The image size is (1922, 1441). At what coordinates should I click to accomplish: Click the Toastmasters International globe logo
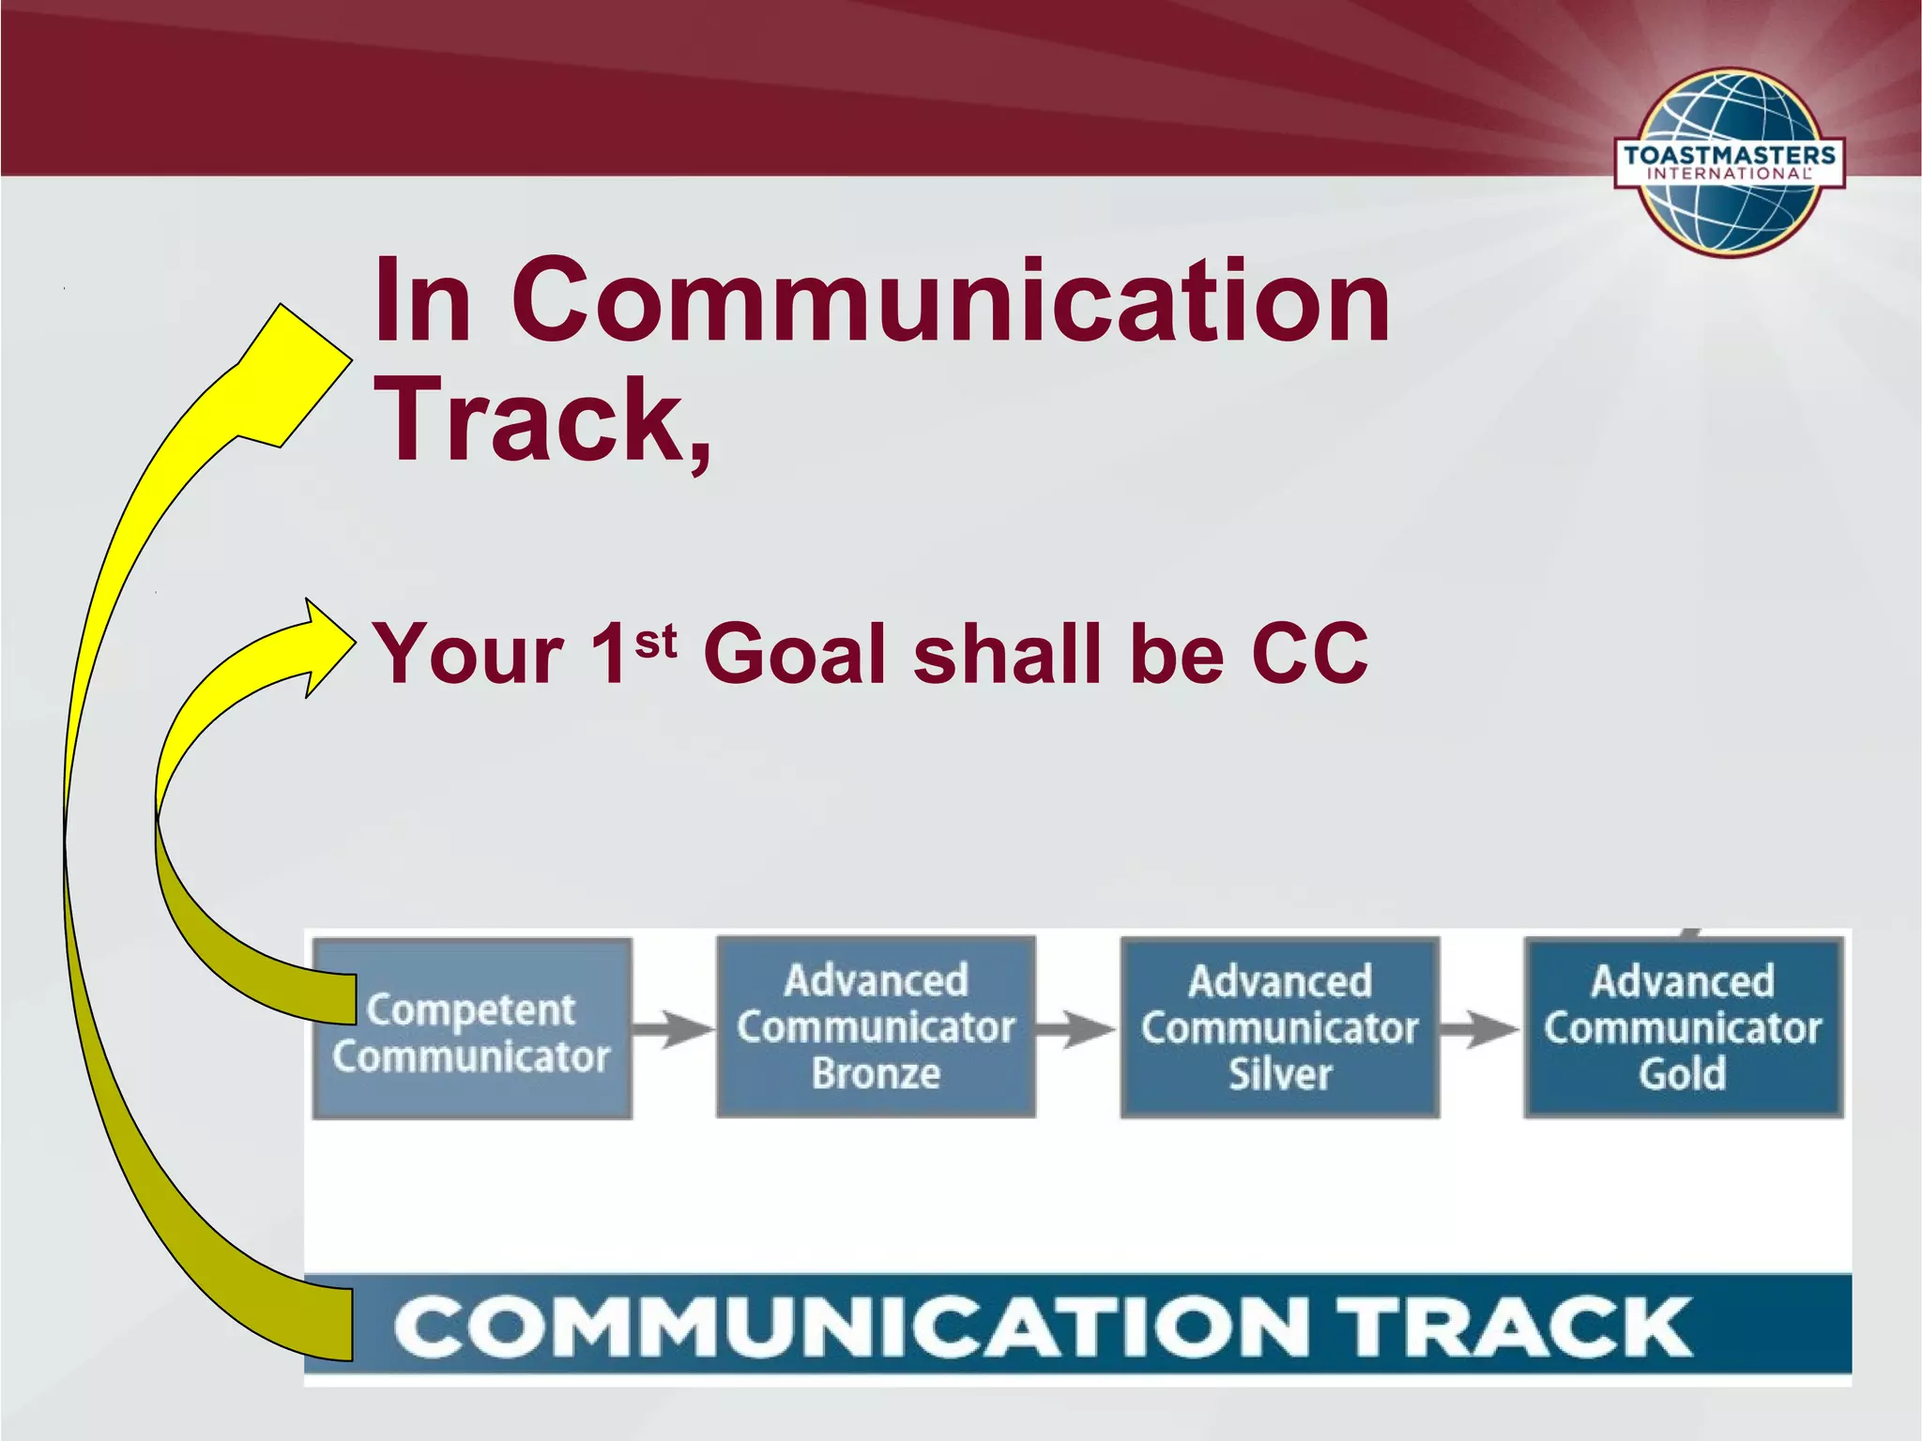pos(1730,161)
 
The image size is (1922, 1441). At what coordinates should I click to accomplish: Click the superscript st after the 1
pos(655,643)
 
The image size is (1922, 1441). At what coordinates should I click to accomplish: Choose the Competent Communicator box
pos(472,1029)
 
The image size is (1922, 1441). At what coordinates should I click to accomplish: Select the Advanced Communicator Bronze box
pos(876,1026)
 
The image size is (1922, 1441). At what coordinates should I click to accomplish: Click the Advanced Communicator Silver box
pos(1280,1027)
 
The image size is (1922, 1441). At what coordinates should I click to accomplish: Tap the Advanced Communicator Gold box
pos(1684,1027)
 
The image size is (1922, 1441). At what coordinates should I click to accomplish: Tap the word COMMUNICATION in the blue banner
pos(850,1327)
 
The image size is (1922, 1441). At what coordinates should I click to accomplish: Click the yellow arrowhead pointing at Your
pos(324,647)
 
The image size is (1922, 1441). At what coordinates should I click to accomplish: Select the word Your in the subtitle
pos(468,655)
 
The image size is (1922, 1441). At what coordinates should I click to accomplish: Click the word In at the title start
pos(421,302)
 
